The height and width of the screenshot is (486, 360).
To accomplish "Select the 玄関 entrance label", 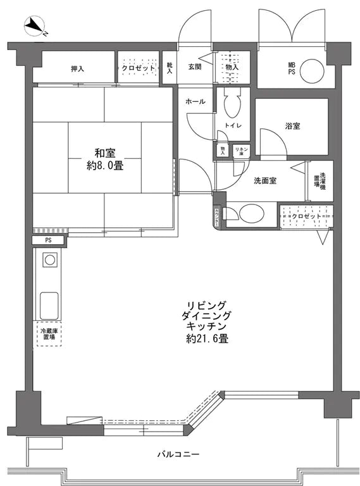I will [194, 67].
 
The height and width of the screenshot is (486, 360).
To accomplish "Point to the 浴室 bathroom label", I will [292, 126].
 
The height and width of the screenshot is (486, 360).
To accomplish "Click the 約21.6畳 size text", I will [207, 339].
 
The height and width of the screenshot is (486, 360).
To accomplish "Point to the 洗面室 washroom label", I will [265, 180].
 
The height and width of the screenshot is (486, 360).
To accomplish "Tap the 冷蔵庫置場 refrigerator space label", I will [47, 334].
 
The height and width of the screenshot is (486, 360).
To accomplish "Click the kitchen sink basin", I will [49, 305].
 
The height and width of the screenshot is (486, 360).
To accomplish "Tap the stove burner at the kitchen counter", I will [49, 259].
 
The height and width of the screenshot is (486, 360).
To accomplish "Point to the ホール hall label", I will [195, 101].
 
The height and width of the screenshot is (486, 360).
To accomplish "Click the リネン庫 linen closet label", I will [241, 151].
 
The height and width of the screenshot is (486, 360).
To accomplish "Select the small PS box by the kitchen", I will [47, 240].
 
